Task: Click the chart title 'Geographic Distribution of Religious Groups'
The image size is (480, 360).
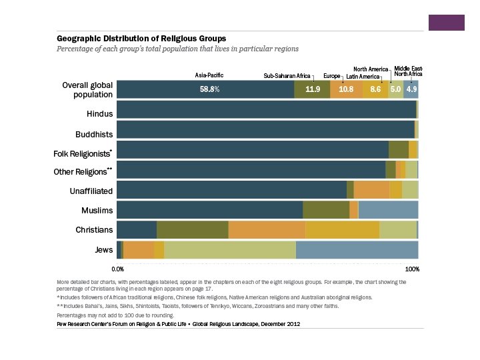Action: [141, 39]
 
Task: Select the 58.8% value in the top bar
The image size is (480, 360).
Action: [209, 89]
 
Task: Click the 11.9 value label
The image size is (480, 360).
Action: [313, 89]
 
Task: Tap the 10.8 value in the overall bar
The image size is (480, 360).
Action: [346, 89]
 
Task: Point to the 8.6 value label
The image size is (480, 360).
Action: [375, 89]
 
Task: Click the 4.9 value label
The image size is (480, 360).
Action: [411, 89]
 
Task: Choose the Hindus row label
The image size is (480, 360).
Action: [99, 114]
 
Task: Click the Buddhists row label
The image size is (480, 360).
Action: [94, 133]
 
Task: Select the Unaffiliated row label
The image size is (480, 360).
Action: [91, 191]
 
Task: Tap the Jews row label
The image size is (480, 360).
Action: [103, 250]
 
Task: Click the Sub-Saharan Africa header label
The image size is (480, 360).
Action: [287, 77]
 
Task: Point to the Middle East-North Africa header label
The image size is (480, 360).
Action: [408, 71]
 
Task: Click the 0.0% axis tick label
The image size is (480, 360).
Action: [117, 269]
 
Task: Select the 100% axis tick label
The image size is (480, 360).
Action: [412, 269]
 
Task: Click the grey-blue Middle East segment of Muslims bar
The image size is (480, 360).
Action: [388, 210]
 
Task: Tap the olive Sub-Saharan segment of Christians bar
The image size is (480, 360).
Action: [193, 230]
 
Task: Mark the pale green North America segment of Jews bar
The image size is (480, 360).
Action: [229, 249]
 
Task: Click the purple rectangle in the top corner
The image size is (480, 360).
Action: [446, 23]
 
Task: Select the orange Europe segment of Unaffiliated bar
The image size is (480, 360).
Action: [371, 190]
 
